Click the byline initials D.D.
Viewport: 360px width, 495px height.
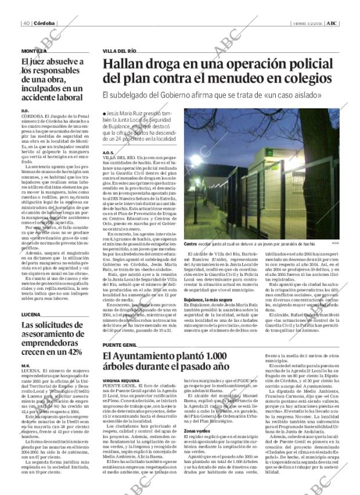point(25,110)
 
